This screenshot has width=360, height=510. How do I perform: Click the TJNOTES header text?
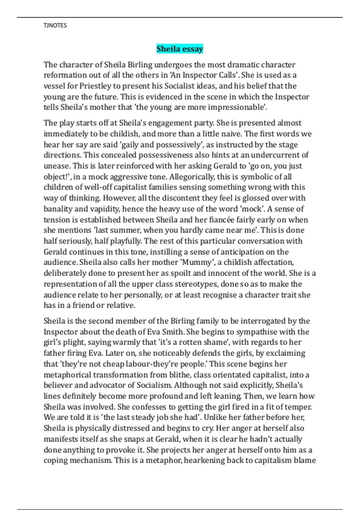click(55, 25)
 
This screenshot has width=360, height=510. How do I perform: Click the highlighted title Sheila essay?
click(180, 49)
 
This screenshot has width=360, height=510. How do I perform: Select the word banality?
click(57, 209)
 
